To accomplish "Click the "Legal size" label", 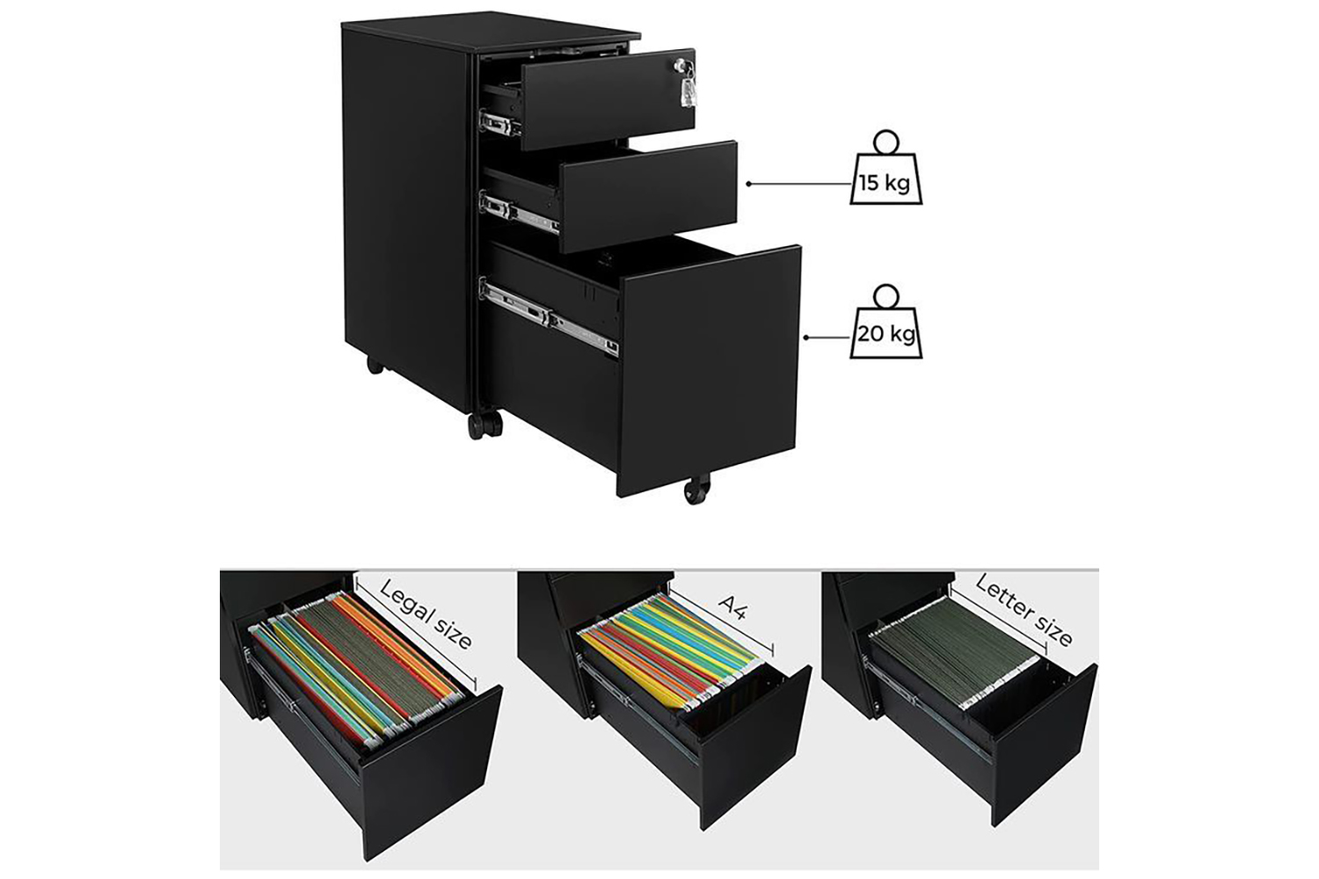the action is pyautogui.click(x=425, y=614).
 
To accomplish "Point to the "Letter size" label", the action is pyautogui.click(x=1024, y=611).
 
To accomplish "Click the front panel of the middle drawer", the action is pyautogui.click(x=649, y=197).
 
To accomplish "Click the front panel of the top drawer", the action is pyautogui.click(x=608, y=99).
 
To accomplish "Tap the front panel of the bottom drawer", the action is pyautogui.click(x=710, y=371).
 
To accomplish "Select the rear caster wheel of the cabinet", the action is pyautogui.click(x=375, y=365).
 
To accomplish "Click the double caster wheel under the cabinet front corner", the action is pyautogui.click(x=485, y=424).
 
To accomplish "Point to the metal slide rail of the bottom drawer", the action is pyautogui.click(x=550, y=317).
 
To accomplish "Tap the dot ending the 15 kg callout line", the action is pyautogui.click(x=748, y=184).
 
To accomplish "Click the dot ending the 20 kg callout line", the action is pyautogui.click(x=806, y=338).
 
